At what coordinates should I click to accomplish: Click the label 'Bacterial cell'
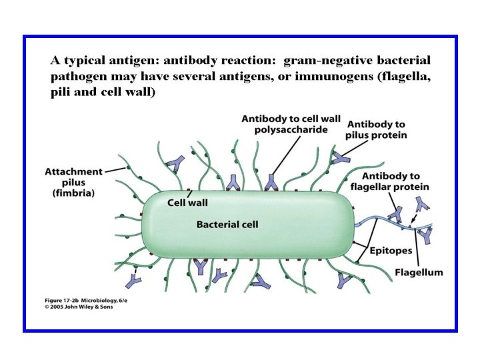coord(227,225)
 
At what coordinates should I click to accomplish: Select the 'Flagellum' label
coord(418,273)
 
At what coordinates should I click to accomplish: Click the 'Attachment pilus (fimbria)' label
coord(73,182)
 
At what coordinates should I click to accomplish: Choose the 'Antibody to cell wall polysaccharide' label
coord(291,124)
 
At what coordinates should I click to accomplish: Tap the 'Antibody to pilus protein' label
coord(376,129)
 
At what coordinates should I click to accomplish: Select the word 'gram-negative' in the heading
coord(319,61)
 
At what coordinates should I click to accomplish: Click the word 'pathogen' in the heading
coord(77,77)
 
